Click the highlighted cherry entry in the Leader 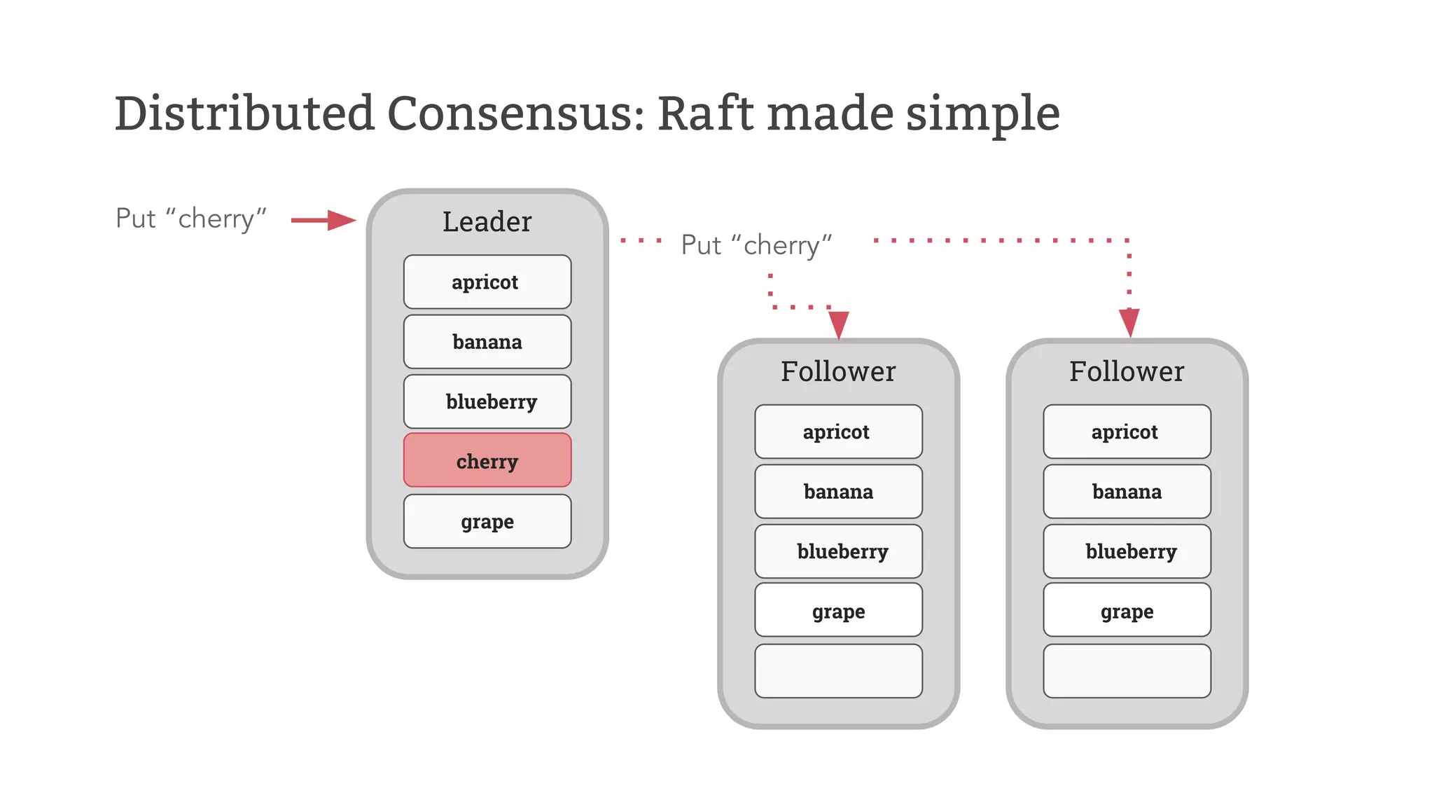click(x=487, y=460)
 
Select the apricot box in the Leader click(x=487, y=282)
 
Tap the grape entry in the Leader click(x=487, y=521)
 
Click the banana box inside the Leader click(x=487, y=342)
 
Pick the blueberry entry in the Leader click(x=487, y=401)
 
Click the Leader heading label click(x=487, y=221)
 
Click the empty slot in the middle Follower click(x=838, y=671)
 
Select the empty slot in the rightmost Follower click(x=1127, y=671)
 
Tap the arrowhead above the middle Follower click(x=838, y=324)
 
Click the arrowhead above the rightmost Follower click(x=1129, y=322)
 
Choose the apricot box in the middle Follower click(x=838, y=432)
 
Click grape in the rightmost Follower click(x=1127, y=611)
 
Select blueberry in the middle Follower click(x=838, y=551)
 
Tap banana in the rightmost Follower click(x=1127, y=492)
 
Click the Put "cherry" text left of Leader click(x=191, y=219)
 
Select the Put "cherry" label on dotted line click(x=756, y=245)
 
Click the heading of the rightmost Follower click(x=1127, y=371)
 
